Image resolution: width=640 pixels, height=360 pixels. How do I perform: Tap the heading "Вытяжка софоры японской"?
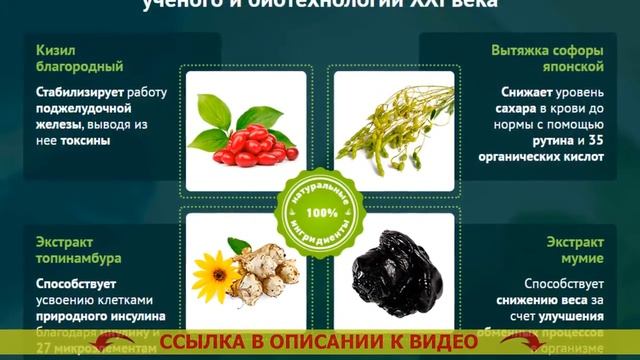point(546,58)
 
